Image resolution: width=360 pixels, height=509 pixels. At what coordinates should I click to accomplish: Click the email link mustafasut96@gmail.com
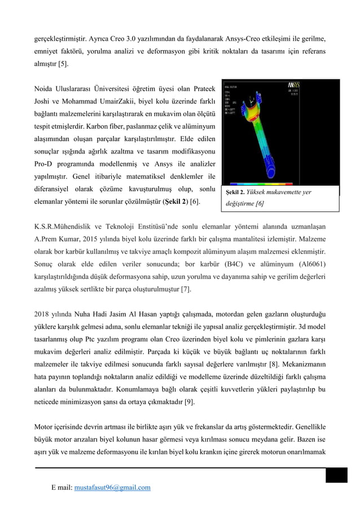tap(112, 488)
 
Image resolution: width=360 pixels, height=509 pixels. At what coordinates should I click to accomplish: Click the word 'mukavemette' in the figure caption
tap(284, 192)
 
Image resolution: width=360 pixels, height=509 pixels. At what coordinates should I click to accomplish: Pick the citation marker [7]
tap(185, 289)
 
